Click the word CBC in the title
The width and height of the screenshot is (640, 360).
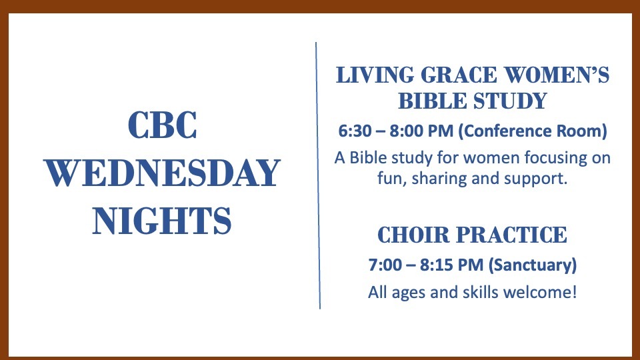coord(162,125)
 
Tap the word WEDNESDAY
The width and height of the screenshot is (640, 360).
coord(162,173)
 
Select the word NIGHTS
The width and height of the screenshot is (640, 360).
coord(162,221)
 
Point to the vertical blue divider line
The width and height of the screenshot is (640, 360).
coord(318,175)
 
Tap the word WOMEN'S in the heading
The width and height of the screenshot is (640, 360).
coord(557,75)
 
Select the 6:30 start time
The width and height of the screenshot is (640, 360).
coord(355,131)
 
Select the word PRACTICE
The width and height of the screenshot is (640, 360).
coord(511,235)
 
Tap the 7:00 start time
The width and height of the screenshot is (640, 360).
coord(385,265)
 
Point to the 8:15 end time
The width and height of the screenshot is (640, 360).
coord(436,265)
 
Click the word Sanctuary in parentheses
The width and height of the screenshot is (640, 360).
coord(533,265)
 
